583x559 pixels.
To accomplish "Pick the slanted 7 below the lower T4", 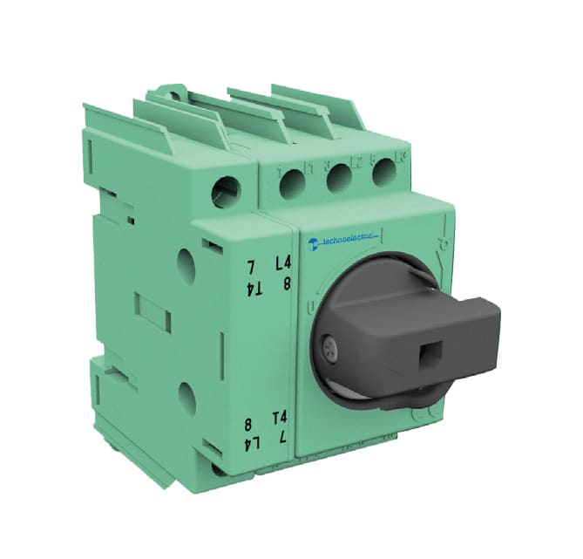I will tap(283, 438).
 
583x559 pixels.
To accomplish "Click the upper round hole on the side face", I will tap(186, 262).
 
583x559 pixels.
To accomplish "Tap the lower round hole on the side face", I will tap(186, 398).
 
